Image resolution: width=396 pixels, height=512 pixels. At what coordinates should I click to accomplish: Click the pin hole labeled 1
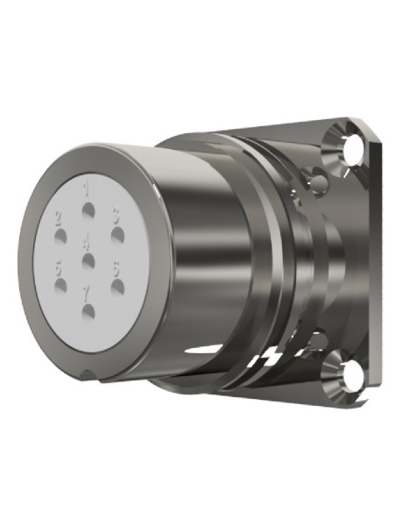88,210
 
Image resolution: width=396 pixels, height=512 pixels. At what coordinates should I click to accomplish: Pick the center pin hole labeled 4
88,260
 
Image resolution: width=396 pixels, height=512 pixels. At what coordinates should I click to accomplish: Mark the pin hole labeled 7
88,308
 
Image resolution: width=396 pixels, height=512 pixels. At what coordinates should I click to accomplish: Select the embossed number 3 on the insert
115,213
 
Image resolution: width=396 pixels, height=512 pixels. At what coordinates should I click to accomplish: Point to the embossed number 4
86,239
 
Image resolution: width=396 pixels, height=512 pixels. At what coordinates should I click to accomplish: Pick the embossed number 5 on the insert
59,267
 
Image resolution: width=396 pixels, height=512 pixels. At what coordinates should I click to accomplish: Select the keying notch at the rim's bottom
91,374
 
